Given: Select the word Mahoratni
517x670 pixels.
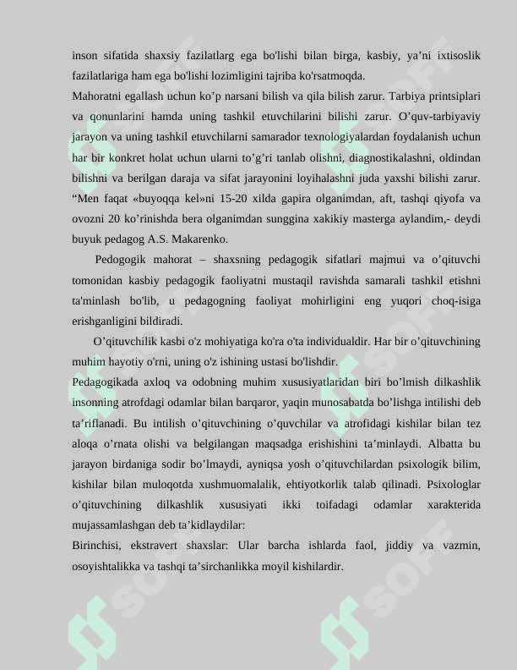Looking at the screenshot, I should point(97,96).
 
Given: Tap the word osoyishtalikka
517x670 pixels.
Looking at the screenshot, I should point(106,566).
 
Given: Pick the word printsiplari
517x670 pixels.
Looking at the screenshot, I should point(452,96).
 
